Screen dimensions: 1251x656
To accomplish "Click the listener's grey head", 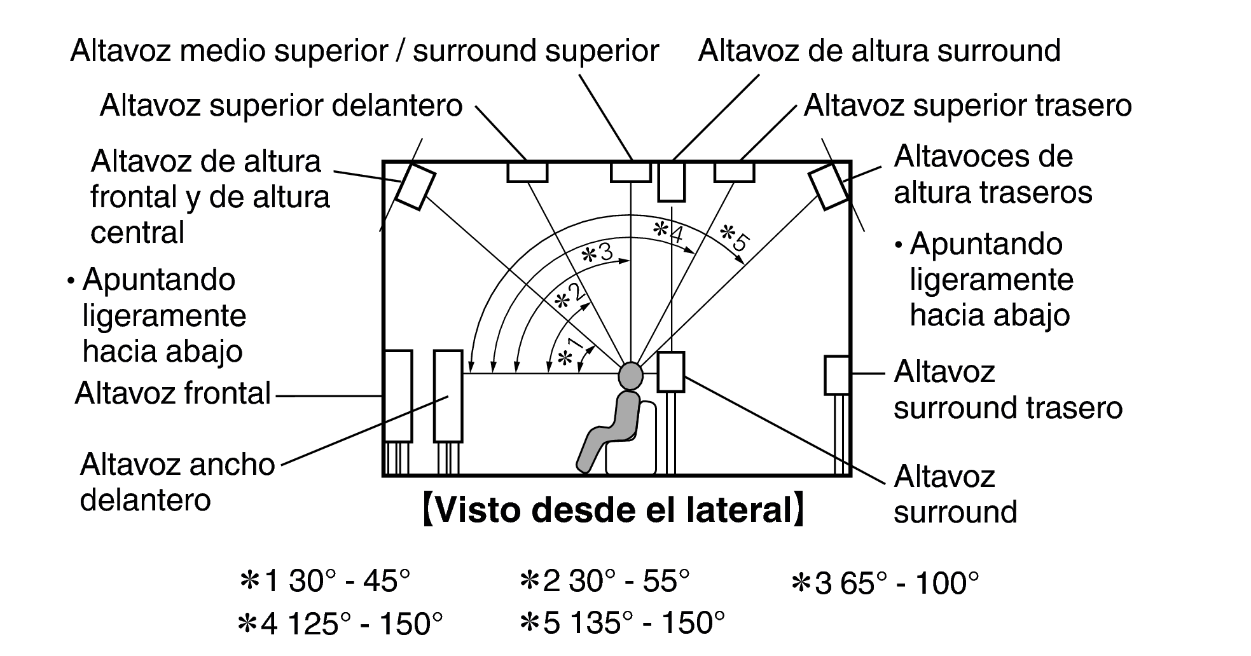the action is tap(630, 375).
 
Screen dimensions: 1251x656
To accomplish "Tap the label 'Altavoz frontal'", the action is tap(173, 393).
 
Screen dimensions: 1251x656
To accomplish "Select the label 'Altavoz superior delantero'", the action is tap(281, 105).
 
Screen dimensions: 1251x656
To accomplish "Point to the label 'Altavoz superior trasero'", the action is tap(967, 105).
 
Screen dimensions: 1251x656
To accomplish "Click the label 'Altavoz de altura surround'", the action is tap(879, 51).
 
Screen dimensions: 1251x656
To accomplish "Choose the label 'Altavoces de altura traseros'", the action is tap(993, 174).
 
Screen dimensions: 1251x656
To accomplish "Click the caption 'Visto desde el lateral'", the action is tap(613, 510).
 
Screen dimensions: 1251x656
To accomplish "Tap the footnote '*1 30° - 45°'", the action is tap(324, 581).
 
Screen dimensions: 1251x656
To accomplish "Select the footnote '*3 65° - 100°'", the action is tap(885, 582).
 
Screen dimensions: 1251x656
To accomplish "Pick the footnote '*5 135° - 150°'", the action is tap(622, 623).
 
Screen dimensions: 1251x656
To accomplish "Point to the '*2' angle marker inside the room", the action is tap(569, 297).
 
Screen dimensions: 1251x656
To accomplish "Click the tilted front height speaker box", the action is tap(415, 186).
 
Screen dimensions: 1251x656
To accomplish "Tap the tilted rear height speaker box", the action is tap(829, 186).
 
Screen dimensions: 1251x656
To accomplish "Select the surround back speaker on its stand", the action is tap(837, 375).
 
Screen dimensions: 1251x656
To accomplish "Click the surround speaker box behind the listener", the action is tap(670, 372).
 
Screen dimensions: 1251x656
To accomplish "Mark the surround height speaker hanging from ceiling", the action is tap(671, 182).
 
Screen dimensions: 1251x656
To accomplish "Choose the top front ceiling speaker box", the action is tap(527, 172).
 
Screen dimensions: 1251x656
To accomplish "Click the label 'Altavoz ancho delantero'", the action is tap(177, 482).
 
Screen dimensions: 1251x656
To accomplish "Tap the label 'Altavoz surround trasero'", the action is tap(1008, 390).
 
